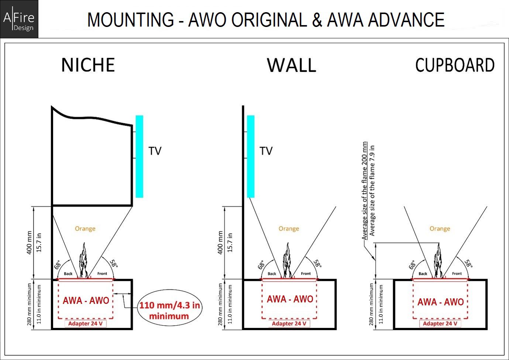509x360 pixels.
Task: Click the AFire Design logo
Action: pyautogui.click(x=19, y=19)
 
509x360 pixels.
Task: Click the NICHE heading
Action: pyautogui.click(x=88, y=65)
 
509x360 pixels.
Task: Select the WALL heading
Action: pyautogui.click(x=292, y=65)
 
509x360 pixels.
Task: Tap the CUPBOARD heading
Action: pyautogui.click(x=455, y=65)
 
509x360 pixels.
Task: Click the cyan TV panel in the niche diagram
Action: pyautogui.click(x=140, y=156)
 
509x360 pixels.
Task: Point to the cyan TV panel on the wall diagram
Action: pyautogui.click(x=251, y=156)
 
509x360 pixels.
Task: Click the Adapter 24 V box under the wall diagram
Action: pyautogui.click(x=289, y=323)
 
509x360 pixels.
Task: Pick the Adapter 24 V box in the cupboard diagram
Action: pyautogui.click(x=440, y=323)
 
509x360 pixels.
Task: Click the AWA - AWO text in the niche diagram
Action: pyautogui.click(x=86, y=301)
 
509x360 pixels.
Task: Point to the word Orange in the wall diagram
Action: pyautogui.click(x=289, y=229)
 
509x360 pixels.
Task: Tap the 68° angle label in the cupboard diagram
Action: pyautogui.click(x=412, y=265)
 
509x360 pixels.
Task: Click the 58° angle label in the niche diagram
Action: pyautogui.click(x=114, y=264)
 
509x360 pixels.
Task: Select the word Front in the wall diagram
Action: pyautogui.click(x=306, y=273)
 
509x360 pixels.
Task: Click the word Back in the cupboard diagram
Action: pyautogui.click(x=423, y=274)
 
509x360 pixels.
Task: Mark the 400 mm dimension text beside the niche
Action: pyautogui.click(x=29, y=243)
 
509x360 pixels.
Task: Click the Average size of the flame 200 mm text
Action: pyautogui.click(x=364, y=191)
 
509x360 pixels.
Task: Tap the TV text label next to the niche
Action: pyautogui.click(x=155, y=151)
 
